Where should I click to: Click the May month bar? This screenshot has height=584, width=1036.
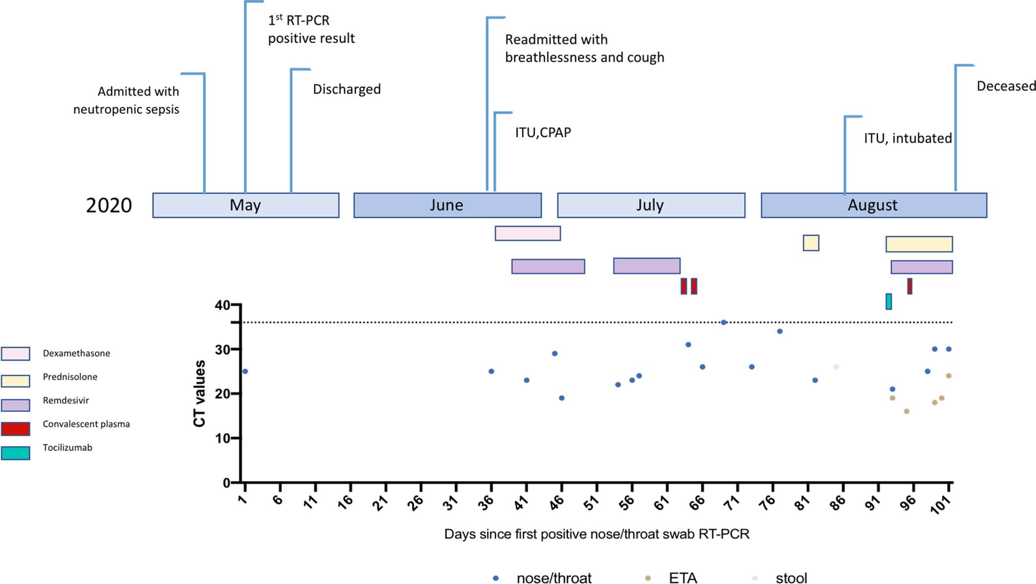246,205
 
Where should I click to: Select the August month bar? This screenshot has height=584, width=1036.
873,205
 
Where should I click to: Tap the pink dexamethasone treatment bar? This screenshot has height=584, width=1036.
527,233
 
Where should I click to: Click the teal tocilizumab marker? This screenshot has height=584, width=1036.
889,302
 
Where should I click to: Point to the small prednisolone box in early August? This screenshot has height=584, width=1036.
811,243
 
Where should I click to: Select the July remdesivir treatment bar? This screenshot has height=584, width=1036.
646,266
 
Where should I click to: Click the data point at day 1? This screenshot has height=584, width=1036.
245,371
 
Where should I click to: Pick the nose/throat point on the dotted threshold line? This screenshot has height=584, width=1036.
724,323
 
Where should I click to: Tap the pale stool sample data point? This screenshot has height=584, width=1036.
836,367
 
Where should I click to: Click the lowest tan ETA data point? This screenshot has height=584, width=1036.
907,411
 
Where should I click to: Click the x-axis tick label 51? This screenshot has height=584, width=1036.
592,502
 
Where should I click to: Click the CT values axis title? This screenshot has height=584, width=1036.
199,393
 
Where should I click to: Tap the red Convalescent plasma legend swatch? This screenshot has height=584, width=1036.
16,429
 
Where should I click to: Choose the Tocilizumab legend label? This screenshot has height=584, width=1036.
67,448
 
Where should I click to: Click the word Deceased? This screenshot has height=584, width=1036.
1006,87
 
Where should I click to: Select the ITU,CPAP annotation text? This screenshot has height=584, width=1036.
543,132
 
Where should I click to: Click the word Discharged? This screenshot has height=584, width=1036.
347,89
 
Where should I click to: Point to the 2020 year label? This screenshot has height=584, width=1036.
109,206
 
